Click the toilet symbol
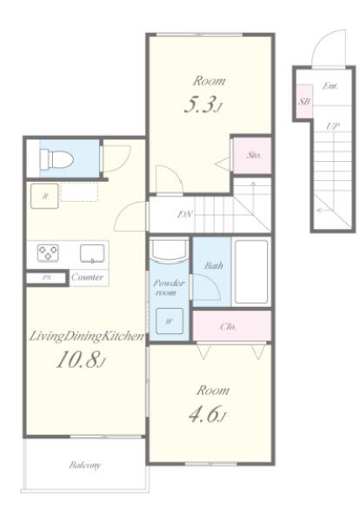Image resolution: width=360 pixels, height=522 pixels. (57, 159)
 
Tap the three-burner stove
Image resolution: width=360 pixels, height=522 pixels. (48, 252)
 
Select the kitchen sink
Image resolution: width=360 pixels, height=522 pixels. (92, 253)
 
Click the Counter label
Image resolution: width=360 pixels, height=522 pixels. (88, 277)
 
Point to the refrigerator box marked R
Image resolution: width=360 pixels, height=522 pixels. (44, 196)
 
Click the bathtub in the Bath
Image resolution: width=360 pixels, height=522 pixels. (251, 271)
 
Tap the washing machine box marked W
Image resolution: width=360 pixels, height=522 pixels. (170, 321)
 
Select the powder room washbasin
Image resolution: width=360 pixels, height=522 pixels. (169, 250)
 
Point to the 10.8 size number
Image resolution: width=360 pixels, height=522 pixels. (78, 360)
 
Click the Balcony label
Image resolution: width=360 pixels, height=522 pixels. (85, 465)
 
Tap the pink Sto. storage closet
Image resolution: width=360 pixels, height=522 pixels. (252, 155)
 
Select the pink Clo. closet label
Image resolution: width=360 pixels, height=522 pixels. (228, 326)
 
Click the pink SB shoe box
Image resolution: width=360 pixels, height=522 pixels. (304, 101)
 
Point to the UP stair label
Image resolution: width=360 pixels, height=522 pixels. (333, 126)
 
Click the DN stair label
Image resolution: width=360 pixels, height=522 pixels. (185, 214)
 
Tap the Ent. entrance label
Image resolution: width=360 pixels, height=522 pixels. (330, 86)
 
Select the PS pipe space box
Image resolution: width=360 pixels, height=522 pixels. (46, 278)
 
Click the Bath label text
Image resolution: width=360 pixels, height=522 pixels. (213, 265)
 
